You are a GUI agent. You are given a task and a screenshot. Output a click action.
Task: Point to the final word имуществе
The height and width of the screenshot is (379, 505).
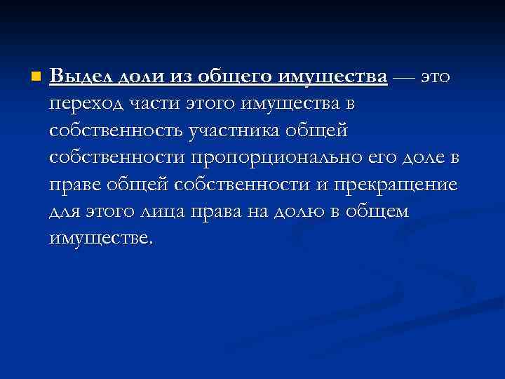(x=99, y=239)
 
